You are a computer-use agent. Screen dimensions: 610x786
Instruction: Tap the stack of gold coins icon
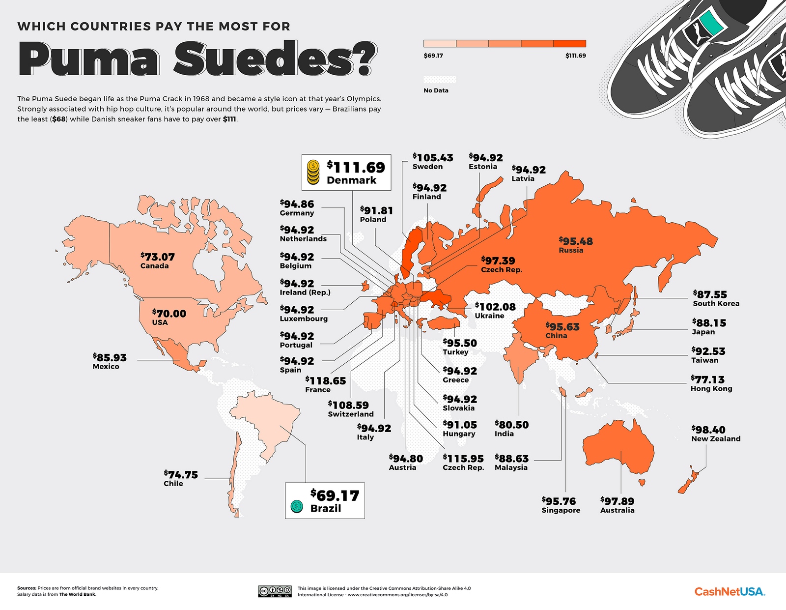point(313,173)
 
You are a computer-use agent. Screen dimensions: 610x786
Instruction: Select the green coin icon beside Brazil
point(297,506)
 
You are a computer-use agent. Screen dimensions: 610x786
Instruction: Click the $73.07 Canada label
point(157,261)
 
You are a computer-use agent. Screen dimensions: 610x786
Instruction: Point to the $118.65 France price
point(325,384)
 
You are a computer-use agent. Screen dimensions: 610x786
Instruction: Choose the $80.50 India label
point(511,428)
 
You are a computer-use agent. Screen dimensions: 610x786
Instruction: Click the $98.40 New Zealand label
point(715,434)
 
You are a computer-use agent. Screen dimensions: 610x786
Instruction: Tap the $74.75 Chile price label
point(181,478)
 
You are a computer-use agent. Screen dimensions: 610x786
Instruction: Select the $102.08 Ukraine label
point(495,310)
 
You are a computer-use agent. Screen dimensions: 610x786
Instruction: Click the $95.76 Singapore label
point(561,505)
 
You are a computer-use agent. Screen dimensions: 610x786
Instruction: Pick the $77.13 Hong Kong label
point(710,383)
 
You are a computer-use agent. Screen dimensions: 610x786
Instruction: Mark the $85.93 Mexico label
point(109,361)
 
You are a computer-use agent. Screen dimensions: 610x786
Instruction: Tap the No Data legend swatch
point(440,80)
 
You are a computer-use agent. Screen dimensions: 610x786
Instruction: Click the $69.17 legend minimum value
point(433,56)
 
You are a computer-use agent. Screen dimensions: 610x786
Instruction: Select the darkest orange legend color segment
point(569,44)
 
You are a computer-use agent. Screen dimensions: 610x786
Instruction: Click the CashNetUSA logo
point(730,591)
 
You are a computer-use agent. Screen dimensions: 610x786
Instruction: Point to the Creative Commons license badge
point(275,591)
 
